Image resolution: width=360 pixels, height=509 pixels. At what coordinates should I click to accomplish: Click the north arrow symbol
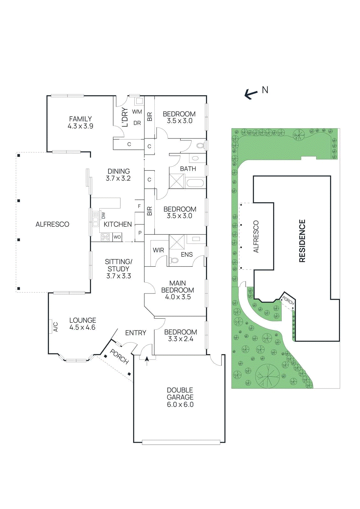tap(251, 94)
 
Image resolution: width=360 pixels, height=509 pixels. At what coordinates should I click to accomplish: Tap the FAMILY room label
tap(81, 119)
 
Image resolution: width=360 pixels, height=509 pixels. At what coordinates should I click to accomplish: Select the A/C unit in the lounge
tap(51, 327)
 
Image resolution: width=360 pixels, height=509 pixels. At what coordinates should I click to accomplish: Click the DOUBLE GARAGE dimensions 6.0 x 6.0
tap(180, 405)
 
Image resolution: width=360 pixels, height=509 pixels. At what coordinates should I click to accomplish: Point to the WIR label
tap(158, 250)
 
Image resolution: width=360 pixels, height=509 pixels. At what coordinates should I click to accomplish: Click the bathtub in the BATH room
tap(194, 183)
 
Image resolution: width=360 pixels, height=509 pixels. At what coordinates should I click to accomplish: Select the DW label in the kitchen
tap(103, 215)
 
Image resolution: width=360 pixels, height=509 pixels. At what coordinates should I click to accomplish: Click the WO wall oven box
tap(117, 237)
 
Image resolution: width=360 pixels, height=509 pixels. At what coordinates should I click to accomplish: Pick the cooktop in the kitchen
tap(105, 237)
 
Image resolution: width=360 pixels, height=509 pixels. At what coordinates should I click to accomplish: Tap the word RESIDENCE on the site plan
tap(302, 241)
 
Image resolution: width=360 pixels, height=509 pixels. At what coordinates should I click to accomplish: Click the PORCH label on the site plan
tap(288, 301)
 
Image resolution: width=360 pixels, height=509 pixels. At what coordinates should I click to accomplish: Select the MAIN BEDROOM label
tap(178, 287)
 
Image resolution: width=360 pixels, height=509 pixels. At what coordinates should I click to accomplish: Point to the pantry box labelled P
tap(140, 233)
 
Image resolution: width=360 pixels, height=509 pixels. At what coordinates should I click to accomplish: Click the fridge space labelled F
tap(139, 206)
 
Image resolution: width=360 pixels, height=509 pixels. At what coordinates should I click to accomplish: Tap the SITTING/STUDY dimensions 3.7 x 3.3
tap(119, 276)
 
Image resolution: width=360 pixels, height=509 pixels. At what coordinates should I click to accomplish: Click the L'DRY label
tap(125, 117)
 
